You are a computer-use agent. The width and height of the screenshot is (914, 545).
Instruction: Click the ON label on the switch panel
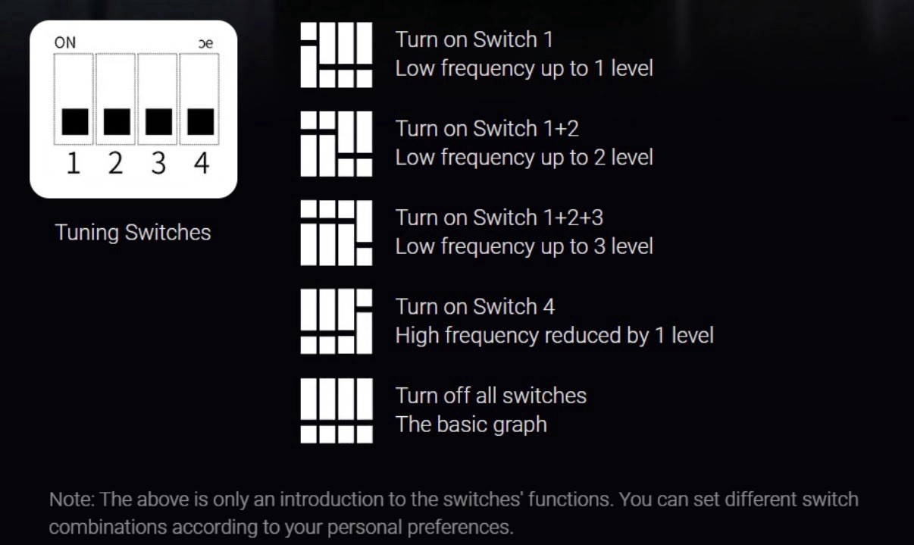(65, 42)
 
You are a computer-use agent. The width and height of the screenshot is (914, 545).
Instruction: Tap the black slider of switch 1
(75, 121)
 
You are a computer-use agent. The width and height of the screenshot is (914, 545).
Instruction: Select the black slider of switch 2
(117, 121)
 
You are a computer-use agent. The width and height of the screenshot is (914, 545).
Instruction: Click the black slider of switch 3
(158, 121)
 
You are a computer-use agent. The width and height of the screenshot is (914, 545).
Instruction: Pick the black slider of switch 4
(201, 121)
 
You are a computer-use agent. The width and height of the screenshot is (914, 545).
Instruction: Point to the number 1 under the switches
(74, 163)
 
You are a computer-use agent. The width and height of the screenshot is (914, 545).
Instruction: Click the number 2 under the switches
(115, 163)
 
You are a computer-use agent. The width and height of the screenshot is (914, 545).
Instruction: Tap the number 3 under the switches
(158, 163)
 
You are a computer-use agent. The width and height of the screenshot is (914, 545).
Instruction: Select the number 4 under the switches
(202, 163)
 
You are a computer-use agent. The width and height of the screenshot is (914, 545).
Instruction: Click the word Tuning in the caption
(87, 233)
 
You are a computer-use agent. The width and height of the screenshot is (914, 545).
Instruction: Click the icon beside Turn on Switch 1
(336, 55)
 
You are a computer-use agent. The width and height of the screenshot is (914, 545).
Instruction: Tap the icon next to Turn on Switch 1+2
(336, 144)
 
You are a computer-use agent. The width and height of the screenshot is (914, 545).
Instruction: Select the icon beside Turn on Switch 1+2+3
(336, 233)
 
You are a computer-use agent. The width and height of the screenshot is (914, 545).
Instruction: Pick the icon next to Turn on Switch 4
(336, 321)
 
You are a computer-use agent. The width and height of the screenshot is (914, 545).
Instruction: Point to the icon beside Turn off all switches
(336, 411)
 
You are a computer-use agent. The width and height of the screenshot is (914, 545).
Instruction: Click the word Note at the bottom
(71, 500)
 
